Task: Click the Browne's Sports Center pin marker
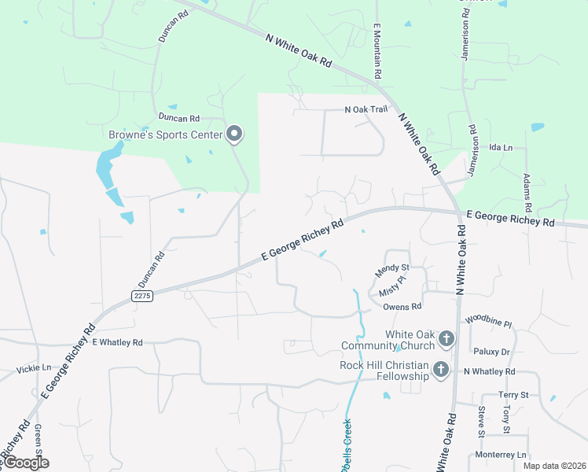coord(233,134)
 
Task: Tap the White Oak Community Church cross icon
coord(446,339)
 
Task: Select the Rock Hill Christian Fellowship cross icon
coord(441,369)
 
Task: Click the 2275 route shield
coord(141,295)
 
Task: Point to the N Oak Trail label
coord(366,110)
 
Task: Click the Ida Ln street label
coord(501,147)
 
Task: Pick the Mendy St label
coord(392,269)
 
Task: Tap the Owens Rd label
coord(402,306)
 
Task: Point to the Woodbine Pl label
coord(488,322)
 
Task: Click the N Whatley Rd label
coord(489,371)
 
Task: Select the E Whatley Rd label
coord(117,342)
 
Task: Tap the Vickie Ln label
coord(33,367)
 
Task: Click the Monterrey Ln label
coord(500,455)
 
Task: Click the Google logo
coord(25,463)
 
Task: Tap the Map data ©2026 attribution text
coord(553,466)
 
